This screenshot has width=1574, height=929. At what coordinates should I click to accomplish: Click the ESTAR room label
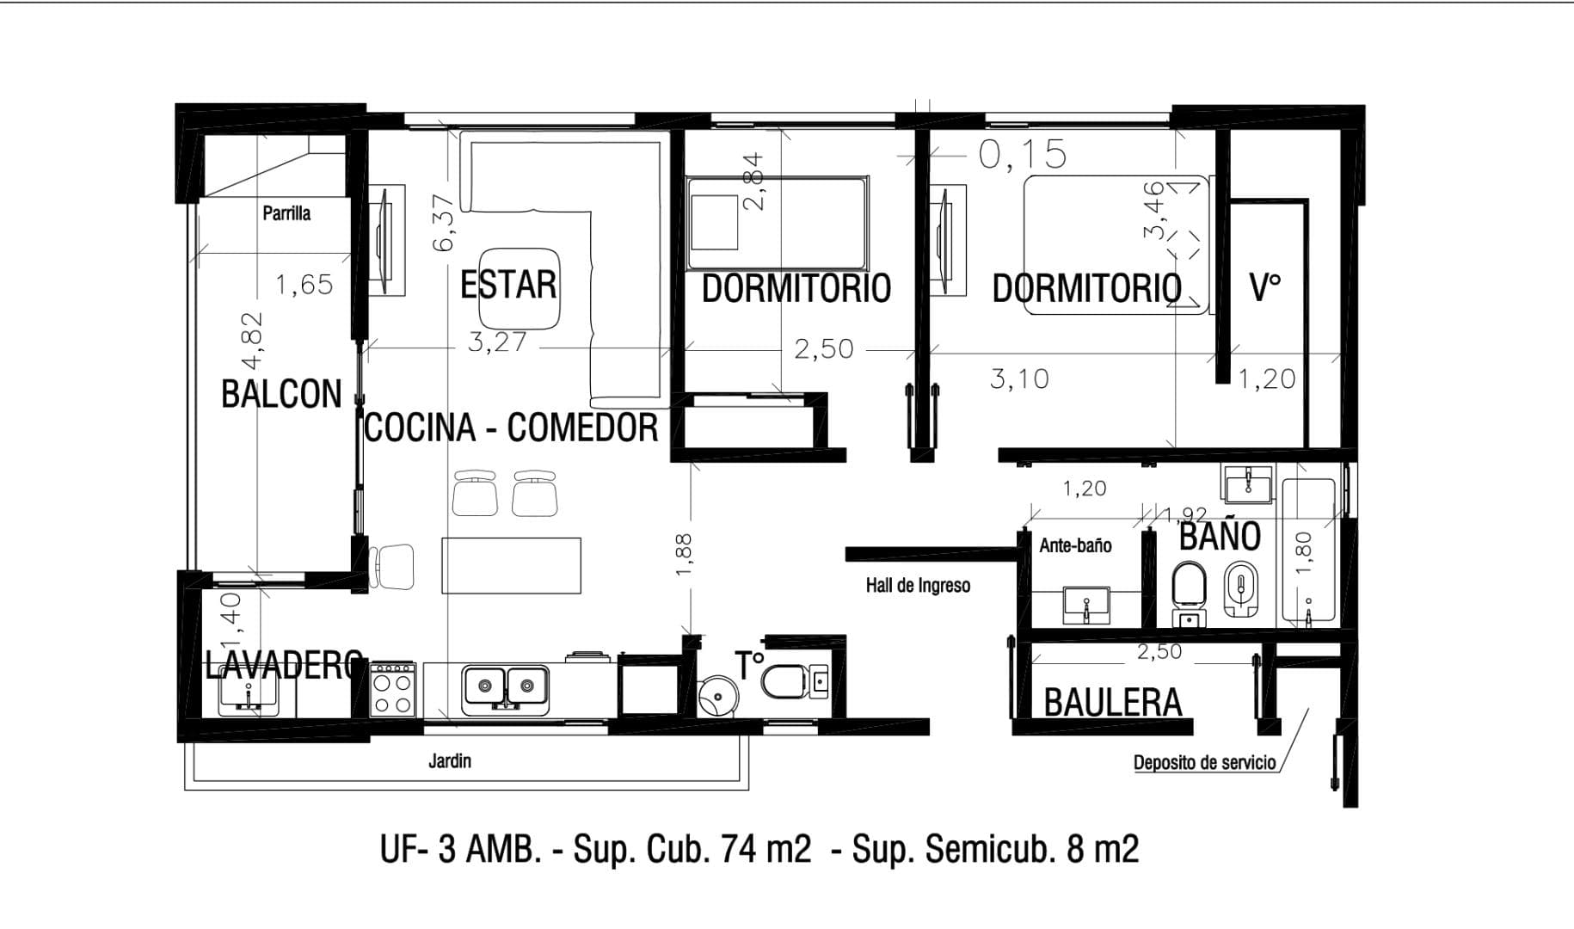coord(508,285)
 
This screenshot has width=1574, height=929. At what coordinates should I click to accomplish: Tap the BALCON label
coord(281,394)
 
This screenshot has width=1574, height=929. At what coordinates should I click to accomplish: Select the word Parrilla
coord(286,212)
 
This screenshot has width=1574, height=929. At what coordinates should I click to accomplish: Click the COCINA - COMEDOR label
coord(511,428)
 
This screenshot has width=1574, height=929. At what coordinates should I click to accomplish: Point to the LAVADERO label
coord(283,664)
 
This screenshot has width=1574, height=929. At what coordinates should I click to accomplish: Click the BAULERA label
coord(1113,703)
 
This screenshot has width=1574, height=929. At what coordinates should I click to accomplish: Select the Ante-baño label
coord(1075,545)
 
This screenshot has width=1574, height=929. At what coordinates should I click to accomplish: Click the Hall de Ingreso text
coord(918,586)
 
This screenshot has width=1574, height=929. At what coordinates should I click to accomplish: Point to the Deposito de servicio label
coord(1204,762)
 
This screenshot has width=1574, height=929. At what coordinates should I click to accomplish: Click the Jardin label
coord(450,760)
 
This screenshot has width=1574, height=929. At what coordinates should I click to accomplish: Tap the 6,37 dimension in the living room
coord(443,222)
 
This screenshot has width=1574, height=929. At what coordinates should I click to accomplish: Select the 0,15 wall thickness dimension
coord(1023,155)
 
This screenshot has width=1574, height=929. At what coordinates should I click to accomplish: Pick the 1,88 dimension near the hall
coord(684,556)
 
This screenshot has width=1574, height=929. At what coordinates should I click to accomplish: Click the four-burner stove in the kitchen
coord(393,690)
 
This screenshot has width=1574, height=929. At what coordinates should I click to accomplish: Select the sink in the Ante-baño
coord(1087,605)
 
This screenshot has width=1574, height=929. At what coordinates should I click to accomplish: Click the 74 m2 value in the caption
coord(765,850)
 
